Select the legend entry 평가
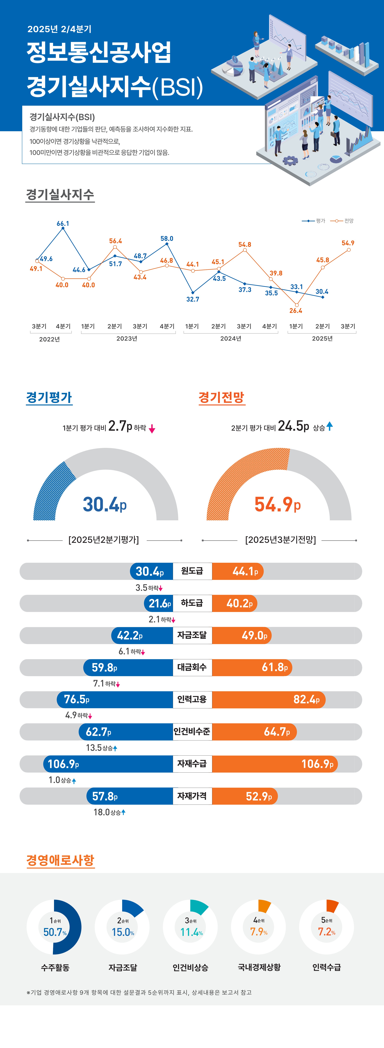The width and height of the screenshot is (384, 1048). tap(321, 221)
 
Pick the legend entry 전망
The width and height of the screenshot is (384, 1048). tap(349, 221)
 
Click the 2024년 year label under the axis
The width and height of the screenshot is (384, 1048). tap(231, 338)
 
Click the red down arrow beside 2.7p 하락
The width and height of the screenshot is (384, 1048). tap(152, 429)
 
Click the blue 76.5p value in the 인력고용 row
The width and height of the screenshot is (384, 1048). tap(76, 699)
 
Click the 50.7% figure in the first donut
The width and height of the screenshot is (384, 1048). tap(55, 932)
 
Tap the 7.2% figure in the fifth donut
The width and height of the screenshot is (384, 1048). tap(327, 932)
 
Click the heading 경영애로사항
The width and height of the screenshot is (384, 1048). tap(60, 860)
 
